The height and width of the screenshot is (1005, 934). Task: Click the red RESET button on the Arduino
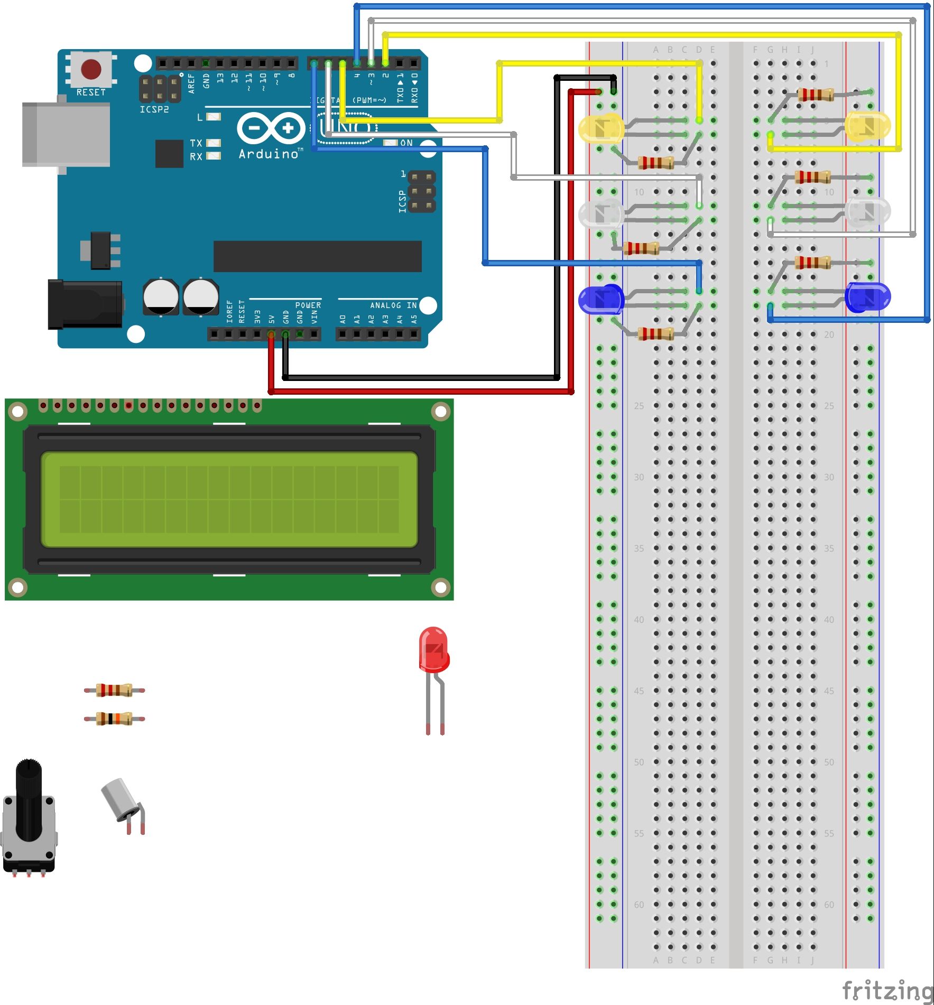coord(91,69)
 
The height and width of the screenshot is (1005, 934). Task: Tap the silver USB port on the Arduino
coord(66,135)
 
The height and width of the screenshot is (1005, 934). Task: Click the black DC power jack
coord(85,304)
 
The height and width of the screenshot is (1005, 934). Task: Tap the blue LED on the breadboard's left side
coord(602,299)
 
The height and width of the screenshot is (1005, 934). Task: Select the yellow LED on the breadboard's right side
coord(867,126)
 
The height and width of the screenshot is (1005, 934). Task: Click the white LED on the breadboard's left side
coord(602,213)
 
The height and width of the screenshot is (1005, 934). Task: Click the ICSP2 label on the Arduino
coord(154,109)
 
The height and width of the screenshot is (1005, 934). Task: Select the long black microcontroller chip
coord(317,256)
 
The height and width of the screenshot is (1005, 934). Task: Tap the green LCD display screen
coord(229,499)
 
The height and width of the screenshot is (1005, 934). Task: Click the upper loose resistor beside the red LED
coord(114,690)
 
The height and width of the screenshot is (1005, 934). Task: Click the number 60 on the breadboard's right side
coord(829,905)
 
